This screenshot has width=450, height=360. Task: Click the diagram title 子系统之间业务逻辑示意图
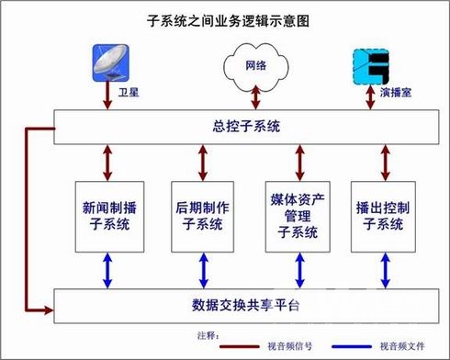point(228,21)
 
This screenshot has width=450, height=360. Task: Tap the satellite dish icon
point(111,62)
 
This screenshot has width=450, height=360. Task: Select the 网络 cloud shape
point(256,66)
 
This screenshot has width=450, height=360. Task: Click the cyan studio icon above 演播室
point(371,67)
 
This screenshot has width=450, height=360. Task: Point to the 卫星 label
point(129,92)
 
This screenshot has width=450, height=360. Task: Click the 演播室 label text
point(396,92)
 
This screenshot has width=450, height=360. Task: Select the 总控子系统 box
point(246,127)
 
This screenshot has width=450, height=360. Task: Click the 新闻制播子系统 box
point(109,217)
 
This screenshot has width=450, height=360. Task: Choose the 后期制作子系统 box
point(202,217)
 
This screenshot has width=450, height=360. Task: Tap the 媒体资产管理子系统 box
point(298,217)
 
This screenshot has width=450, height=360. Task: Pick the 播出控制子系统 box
point(383,217)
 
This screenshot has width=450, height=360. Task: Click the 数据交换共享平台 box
point(246,306)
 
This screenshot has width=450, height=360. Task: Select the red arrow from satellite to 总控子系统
point(107,96)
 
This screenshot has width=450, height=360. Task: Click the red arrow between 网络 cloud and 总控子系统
point(256,97)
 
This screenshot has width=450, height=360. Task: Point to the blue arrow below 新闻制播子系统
point(107,271)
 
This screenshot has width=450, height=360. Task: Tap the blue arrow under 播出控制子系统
point(386,271)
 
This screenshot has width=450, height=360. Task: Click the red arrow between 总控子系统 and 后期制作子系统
point(203,163)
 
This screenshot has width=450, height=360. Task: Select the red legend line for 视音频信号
point(240,346)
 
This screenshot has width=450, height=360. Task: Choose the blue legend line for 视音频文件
point(352,346)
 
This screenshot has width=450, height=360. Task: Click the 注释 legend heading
point(208,336)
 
